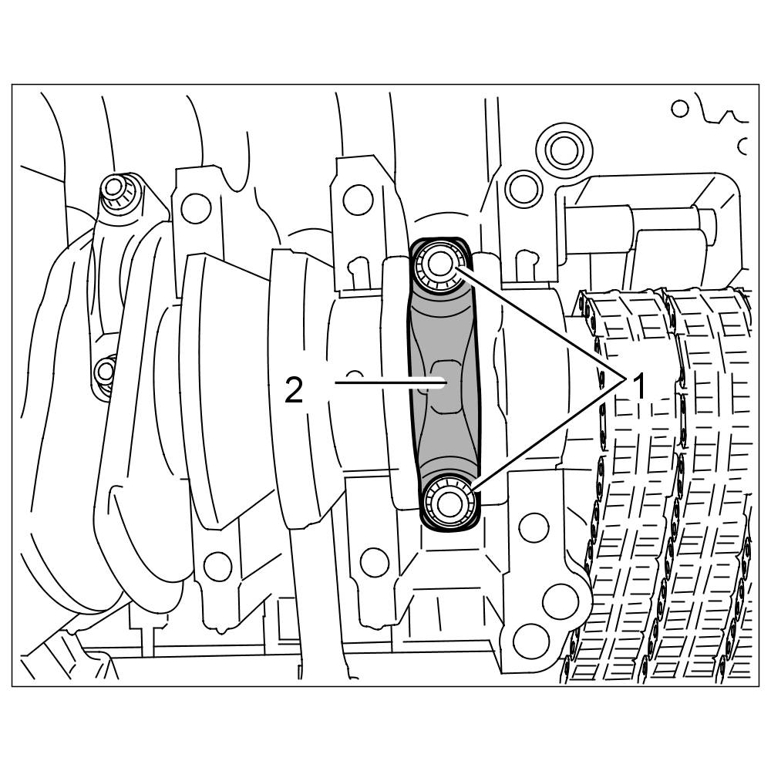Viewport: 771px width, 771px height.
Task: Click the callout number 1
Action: click(638, 386)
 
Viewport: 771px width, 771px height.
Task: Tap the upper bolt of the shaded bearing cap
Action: click(439, 265)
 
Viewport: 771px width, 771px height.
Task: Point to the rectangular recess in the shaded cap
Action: click(446, 387)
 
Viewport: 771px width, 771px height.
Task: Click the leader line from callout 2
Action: click(390, 382)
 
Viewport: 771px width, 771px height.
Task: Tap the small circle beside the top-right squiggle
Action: click(679, 108)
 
